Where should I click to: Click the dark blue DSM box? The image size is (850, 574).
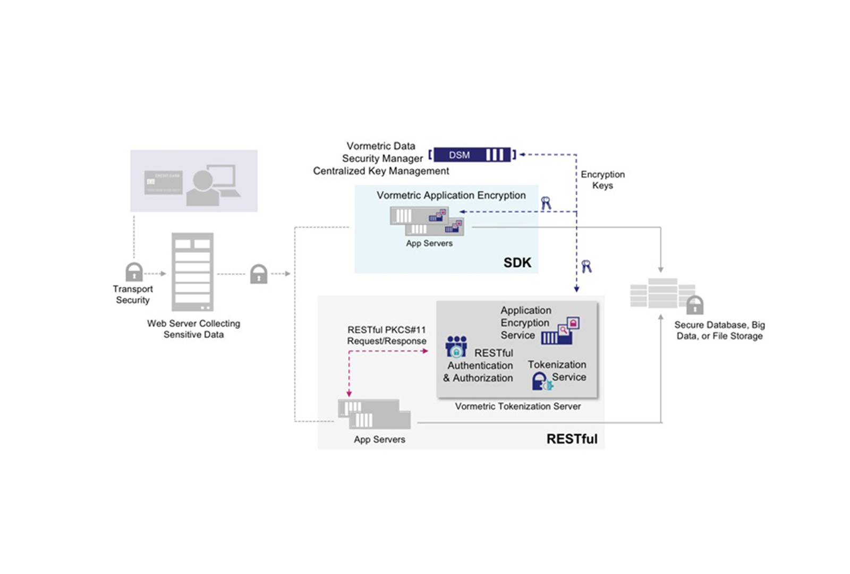click(472, 155)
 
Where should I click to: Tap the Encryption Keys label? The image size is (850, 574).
click(602, 180)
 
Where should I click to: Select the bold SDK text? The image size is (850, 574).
click(517, 263)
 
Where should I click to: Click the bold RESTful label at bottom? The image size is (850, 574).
click(572, 439)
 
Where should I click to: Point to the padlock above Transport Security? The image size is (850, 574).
click(134, 272)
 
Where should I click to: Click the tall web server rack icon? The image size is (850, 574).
click(192, 272)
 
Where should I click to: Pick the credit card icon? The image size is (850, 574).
click(163, 182)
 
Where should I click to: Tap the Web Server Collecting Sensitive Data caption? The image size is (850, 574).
click(193, 329)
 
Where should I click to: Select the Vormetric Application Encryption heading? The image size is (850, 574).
click(451, 195)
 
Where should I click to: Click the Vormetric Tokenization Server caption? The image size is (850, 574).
click(517, 406)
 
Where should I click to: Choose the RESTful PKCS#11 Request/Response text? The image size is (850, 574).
click(387, 335)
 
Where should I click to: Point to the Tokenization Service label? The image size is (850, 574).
click(557, 370)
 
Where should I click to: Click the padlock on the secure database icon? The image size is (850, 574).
click(694, 306)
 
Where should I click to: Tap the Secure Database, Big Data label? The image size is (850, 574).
click(719, 330)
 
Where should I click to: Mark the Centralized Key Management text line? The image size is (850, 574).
click(381, 171)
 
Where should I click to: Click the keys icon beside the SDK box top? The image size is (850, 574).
click(546, 203)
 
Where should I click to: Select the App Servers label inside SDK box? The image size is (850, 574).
click(429, 243)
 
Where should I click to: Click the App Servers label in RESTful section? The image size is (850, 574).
click(379, 440)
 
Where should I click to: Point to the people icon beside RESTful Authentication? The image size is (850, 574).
click(456, 346)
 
